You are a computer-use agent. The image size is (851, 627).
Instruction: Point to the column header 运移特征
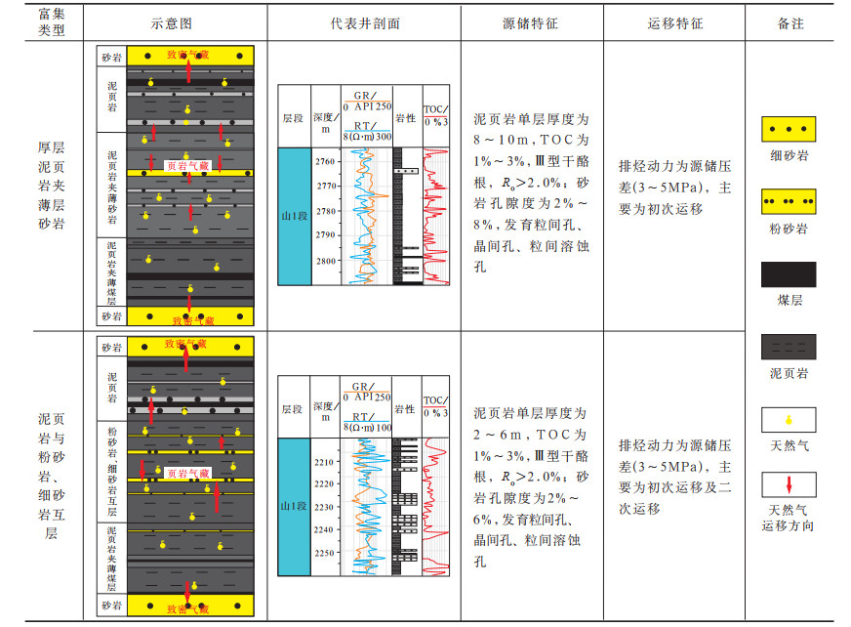pyautogui.click(x=674, y=22)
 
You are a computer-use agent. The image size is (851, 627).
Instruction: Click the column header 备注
pyautogui.click(x=790, y=22)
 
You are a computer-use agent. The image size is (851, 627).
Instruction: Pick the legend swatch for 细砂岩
pyautogui.click(x=789, y=129)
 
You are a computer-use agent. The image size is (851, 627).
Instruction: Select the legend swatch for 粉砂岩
pyautogui.click(x=789, y=201)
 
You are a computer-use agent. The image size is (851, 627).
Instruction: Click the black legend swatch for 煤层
pyautogui.click(x=789, y=274)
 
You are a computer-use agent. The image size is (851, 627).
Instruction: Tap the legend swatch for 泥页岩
pyautogui.click(x=789, y=347)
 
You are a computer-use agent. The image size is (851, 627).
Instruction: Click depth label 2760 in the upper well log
pyautogui.click(x=325, y=161)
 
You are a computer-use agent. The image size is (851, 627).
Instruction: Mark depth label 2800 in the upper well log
pyautogui.click(x=325, y=262)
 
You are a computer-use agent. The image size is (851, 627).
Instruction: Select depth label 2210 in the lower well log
pyautogui.click(x=325, y=462)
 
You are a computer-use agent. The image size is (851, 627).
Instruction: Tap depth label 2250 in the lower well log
pyautogui.click(x=325, y=553)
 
